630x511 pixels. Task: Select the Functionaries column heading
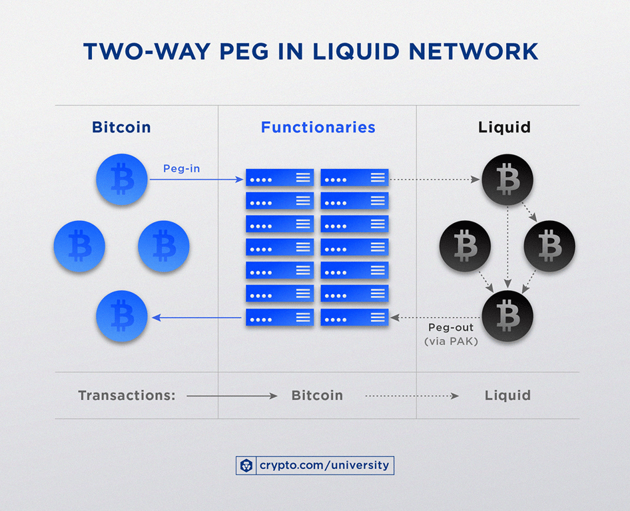318,127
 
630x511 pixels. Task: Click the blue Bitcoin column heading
121,127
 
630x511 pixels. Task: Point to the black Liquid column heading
504,127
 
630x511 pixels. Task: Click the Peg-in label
181,168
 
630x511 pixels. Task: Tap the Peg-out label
451,327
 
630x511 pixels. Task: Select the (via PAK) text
451,341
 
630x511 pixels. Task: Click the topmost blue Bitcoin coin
122,180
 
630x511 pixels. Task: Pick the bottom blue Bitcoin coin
122,316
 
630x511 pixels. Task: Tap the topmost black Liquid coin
507,180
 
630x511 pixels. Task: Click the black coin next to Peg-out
507,316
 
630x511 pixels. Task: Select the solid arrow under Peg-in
196,180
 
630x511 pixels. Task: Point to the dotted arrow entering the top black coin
435,180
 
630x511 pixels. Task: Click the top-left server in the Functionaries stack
280,178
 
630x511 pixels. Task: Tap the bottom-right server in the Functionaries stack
354,317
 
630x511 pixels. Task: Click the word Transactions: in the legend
127,395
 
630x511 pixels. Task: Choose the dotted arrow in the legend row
412,396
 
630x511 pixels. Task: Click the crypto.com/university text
324,465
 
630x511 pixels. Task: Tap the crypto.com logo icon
246,466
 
